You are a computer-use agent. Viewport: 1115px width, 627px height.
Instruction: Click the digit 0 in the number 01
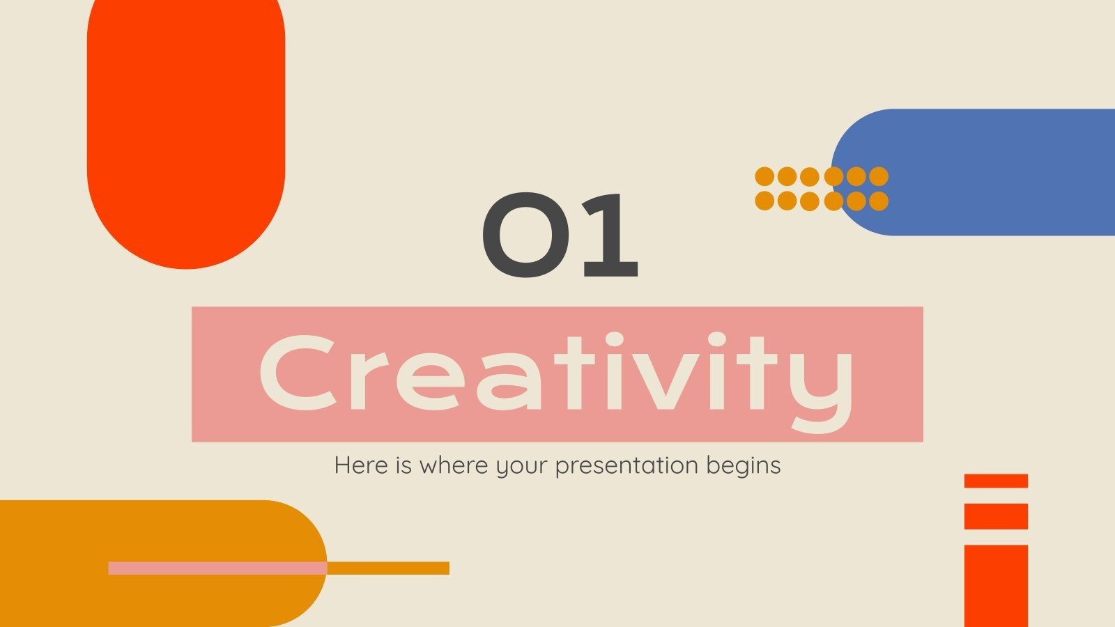click(x=526, y=235)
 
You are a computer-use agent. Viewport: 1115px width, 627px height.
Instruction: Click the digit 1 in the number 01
click(x=610, y=235)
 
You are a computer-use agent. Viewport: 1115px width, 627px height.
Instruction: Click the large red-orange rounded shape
click(x=186, y=125)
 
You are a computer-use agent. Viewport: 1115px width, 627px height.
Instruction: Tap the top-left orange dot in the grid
click(x=765, y=176)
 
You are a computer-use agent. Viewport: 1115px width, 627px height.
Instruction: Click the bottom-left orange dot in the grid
click(x=765, y=201)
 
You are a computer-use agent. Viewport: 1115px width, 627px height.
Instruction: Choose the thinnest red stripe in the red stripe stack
click(x=996, y=481)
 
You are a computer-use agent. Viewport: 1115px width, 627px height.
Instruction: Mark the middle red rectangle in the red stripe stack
click(x=996, y=516)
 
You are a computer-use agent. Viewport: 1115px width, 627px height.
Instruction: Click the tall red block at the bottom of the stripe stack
click(x=996, y=585)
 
